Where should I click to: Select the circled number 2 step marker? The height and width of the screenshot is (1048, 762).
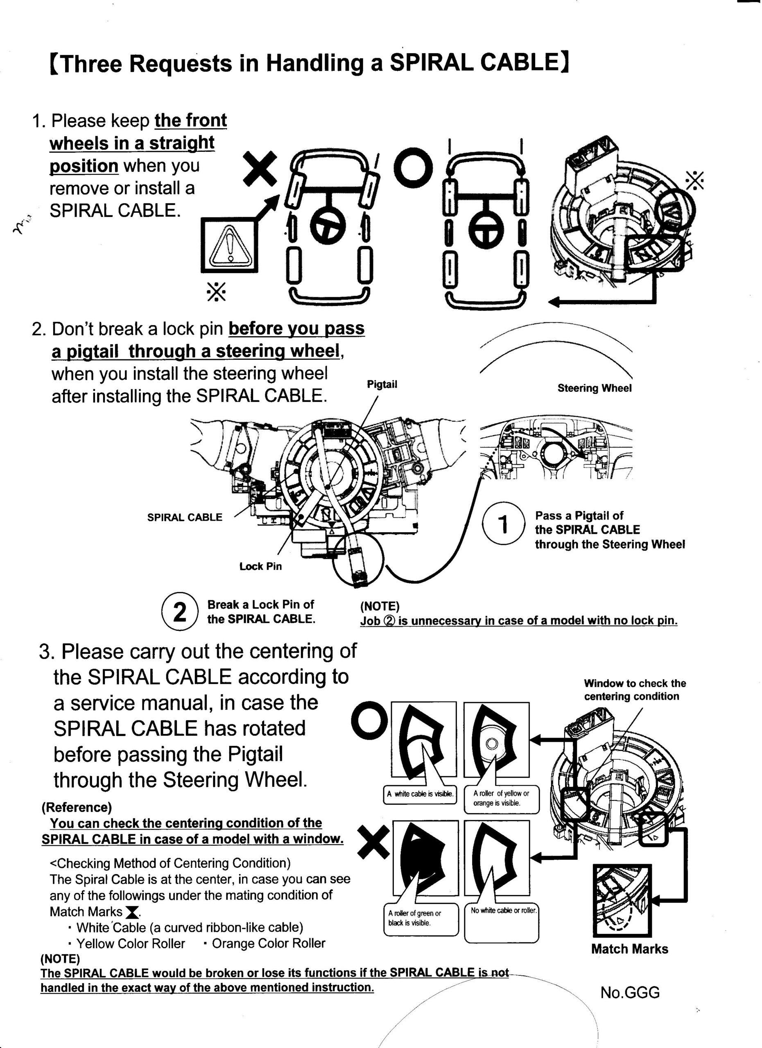[180, 611]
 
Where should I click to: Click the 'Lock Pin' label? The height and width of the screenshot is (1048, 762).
[260, 566]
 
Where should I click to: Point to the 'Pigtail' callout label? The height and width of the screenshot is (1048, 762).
[382, 384]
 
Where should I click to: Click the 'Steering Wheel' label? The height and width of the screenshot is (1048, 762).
[594, 388]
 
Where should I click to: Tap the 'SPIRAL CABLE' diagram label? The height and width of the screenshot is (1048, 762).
[184, 517]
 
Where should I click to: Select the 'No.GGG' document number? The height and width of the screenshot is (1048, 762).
[630, 992]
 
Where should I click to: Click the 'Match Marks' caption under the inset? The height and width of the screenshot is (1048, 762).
[629, 949]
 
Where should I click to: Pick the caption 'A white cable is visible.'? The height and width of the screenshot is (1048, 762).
[420, 794]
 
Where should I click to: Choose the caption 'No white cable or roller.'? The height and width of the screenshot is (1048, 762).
[504, 910]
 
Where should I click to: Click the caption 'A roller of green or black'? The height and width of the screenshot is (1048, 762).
[414, 918]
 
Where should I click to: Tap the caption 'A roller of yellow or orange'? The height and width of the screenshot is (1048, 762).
[501, 798]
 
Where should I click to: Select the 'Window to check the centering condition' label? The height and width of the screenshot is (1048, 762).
[635, 689]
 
